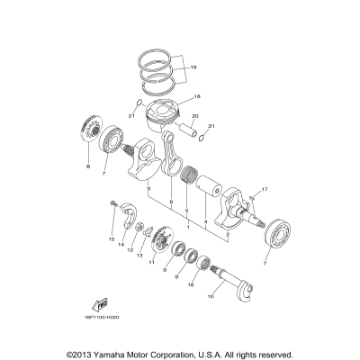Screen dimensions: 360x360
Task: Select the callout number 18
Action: tap(198, 95)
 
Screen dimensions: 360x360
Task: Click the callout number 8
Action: tap(88, 167)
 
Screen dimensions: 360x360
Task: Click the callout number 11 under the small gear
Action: tap(151, 262)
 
